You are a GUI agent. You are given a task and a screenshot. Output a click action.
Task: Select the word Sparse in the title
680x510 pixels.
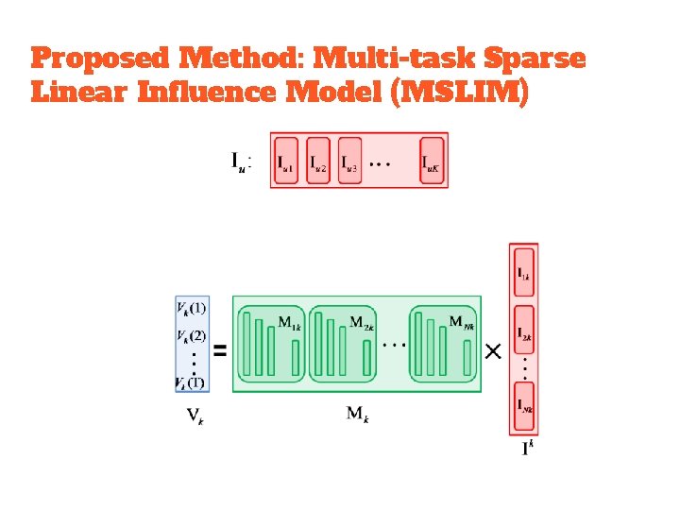(x=535, y=59)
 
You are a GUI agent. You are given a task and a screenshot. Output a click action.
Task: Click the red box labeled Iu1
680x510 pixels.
(x=286, y=160)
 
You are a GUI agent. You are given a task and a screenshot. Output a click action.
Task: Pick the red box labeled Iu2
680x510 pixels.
(x=319, y=160)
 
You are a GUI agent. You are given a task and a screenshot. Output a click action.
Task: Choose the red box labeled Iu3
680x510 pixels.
(x=349, y=160)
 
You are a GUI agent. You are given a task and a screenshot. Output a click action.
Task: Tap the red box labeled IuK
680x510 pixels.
(x=433, y=160)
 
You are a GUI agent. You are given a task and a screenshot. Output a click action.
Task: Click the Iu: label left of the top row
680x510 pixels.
(x=242, y=161)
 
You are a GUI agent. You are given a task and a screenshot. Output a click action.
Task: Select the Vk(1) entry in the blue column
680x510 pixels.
(x=191, y=308)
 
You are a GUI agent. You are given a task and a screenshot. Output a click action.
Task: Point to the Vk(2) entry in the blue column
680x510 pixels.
(x=191, y=336)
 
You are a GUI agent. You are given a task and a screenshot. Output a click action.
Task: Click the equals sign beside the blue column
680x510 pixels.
(x=220, y=350)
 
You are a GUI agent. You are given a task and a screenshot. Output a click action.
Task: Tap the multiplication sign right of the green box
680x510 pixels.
(x=492, y=351)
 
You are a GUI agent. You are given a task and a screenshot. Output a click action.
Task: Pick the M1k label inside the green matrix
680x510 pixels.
(x=290, y=322)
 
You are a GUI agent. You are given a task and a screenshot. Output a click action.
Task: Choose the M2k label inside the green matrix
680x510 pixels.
(x=362, y=322)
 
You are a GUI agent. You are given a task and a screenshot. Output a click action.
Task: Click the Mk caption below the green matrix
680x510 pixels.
(x=357, y=413)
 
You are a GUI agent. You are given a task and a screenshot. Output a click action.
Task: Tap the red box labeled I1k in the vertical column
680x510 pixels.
(x=523, y=273)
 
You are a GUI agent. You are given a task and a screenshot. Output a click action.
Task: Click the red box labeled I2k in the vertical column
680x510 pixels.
(x=523, y=333)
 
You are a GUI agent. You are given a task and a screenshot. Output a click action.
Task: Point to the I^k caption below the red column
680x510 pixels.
(x=527, y=447)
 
